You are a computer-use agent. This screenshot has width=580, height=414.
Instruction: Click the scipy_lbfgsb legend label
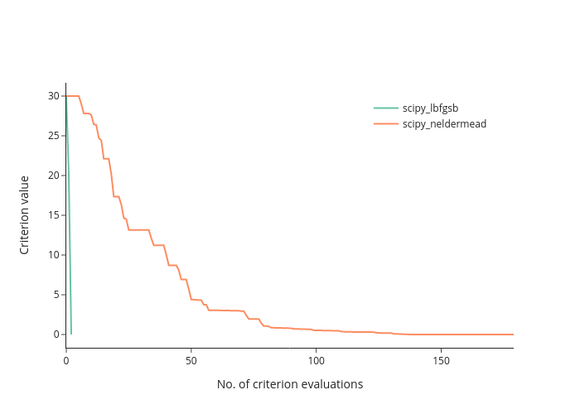click(430, 108)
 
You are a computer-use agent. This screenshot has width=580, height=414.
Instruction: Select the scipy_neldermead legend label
click(444, 124)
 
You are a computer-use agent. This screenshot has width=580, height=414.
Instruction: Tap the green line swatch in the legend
click(386, 108)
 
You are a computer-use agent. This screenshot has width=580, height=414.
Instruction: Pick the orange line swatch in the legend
click(386, 123)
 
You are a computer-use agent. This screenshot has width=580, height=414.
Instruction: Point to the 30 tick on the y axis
click(54, 96)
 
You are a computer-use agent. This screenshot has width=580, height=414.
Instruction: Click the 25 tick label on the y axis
click(54, 136)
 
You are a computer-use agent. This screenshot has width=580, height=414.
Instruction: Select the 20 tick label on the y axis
click(54, 176)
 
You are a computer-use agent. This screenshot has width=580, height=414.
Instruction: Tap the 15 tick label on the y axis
click(54, 215)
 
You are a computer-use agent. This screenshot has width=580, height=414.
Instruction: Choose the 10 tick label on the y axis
click(54, 255)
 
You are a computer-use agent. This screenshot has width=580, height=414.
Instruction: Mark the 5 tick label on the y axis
click(56, 295)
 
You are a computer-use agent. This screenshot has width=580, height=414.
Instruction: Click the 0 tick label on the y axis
click(56, 335)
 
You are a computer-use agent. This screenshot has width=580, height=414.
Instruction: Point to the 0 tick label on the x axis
click(66, 361)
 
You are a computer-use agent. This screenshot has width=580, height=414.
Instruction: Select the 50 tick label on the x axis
click(191, 361)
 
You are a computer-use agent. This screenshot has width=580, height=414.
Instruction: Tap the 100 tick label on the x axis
click(316, 361)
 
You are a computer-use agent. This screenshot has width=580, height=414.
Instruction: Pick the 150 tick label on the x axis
click(441, 361)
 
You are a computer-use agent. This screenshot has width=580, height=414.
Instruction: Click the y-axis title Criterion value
click(24, 215)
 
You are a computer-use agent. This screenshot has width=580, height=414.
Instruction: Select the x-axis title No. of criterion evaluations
click(290, 384)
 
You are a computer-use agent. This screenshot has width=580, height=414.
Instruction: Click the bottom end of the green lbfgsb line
click(71, 335)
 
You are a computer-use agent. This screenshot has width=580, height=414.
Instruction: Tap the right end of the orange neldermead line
click(513, 335)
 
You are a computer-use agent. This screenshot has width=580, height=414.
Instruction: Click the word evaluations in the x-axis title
click(332, 384)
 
